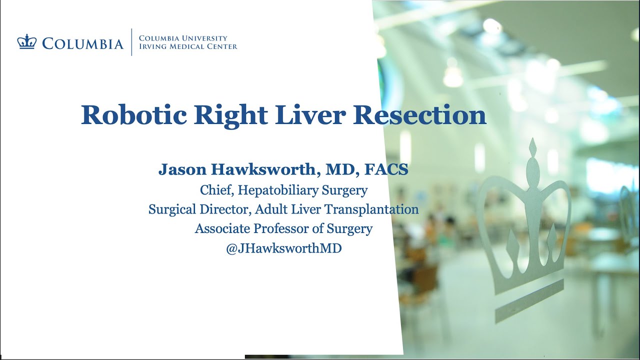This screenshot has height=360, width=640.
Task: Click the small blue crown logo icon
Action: [x=26, y=42]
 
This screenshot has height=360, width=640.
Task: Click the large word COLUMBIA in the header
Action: [x=82, y=43]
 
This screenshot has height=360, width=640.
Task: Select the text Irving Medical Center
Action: [x=188, y=46]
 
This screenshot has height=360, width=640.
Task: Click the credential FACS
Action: [x=386, y=169]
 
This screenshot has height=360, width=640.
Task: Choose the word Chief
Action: [x=215, y=190]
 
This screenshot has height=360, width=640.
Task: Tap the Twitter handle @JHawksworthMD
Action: [x=283, y=248]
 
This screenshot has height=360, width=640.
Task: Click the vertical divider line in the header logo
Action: [x=131, y=42]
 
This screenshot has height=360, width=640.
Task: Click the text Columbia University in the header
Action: [x=183, y=38]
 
